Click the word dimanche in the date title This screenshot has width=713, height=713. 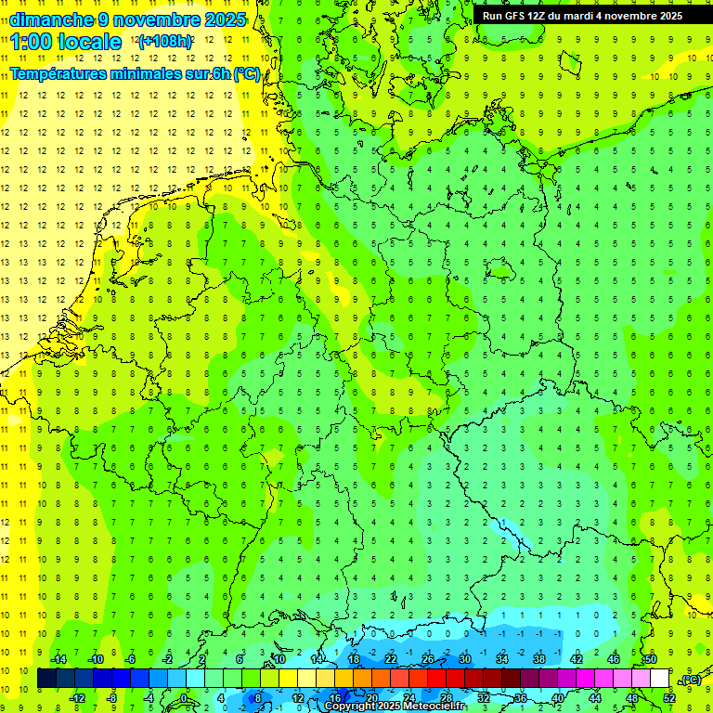pyautogui.click(x=51, y=19)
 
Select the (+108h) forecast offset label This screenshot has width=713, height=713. pyautogui.click(x=166, y=42)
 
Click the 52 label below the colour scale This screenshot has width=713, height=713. pyautogui.click(x=668, y=698)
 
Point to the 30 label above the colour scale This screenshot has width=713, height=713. pyautogui.click(x=464, y=659)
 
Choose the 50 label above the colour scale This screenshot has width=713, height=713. pyautogui.click(x=651, y=659)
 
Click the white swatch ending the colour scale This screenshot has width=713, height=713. pyautogui.click(x=659, y=679)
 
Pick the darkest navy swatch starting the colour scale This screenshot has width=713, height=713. pyautogui.click(x=46, y=679)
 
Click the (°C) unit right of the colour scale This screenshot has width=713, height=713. pyautogui.click(x=690, y=680)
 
